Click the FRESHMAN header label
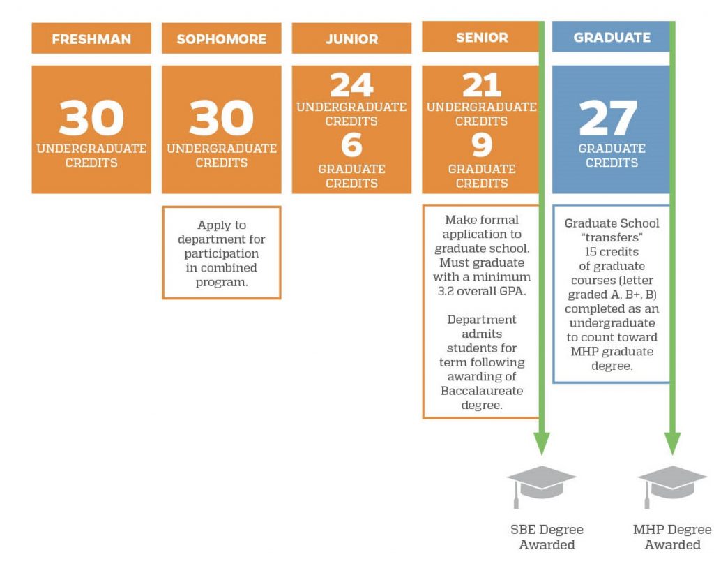pos(91,39)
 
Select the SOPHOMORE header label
pos(222,39)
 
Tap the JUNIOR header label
pos(352,39)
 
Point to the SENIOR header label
pos(482,38)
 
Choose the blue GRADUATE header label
pos(612,38)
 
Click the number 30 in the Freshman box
pos(91,118)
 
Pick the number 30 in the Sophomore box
pos(222,118)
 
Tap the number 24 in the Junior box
pos(352,85)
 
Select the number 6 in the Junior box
pos(352,145)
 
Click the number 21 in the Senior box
pos(482,85)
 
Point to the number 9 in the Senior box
pos(482,145)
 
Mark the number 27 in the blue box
pos(608,118)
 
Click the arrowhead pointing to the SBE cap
pos(541,443)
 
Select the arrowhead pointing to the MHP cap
pos(673,443)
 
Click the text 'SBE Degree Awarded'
pos(547,537)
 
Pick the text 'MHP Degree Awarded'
pos(673,537)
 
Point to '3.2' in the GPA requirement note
pos(446,291)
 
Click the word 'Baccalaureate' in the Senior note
pos(482,391)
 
